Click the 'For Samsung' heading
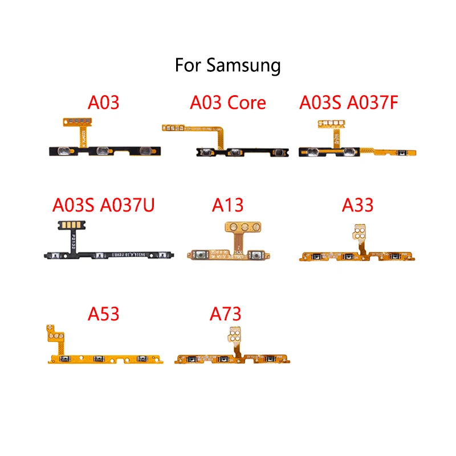click(228, 65)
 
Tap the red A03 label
click(103, 103)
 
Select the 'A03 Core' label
click(228, 103)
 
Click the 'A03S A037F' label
click(357, 103)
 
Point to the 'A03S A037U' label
click(104, 205)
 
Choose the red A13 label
click(229, 205)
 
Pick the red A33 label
click(357, 205)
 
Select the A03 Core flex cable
click(239, 152)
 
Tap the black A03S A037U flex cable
click(103, 255)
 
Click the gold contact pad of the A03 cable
click(80, 121)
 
